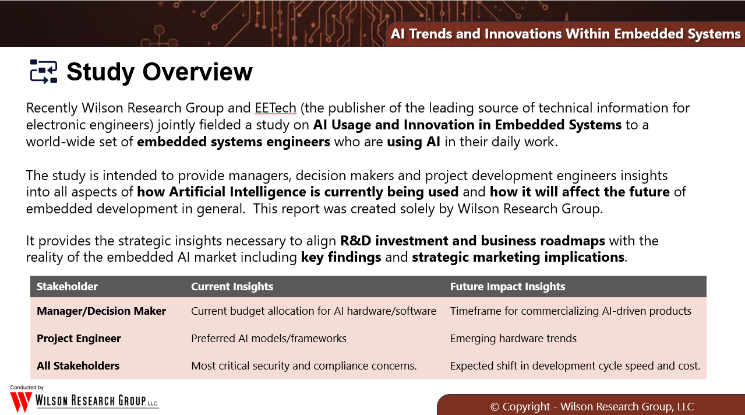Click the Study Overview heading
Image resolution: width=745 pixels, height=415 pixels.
tap(160, 72)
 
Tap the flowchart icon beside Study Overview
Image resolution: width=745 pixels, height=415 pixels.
tap(44, 72)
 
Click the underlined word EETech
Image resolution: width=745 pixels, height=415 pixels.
tap(276, 108)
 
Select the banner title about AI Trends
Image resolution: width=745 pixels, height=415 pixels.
tap(566, 34)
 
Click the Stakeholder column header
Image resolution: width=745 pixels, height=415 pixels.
tap(67, 287)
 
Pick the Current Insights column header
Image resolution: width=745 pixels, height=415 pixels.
tap(232, 287)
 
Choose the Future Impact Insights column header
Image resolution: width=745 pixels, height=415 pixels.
tap(507, 287)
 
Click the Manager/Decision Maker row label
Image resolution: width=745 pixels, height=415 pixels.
tap(101, 311)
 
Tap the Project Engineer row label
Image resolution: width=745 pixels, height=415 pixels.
tap(79, 339)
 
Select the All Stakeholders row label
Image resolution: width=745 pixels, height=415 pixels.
tap(78, 365)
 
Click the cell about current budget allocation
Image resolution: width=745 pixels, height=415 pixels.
tap(313, 311)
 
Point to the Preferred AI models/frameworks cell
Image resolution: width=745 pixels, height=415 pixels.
tap(269, 339)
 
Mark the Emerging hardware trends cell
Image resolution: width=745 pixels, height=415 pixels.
tap(513, 339)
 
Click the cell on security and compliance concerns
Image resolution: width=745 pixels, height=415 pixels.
tap(303, 365)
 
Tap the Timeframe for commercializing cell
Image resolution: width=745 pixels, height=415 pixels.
tap(571, 311)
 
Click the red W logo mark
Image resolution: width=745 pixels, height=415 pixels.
tap(21, 402)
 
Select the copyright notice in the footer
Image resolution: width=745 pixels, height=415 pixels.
tap(592, 406)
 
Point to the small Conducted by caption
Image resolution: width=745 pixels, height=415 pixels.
tap(27, 388)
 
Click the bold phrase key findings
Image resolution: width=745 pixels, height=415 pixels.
tap(341, 257)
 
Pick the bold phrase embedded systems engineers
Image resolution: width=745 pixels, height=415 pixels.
tap(234, 142)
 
